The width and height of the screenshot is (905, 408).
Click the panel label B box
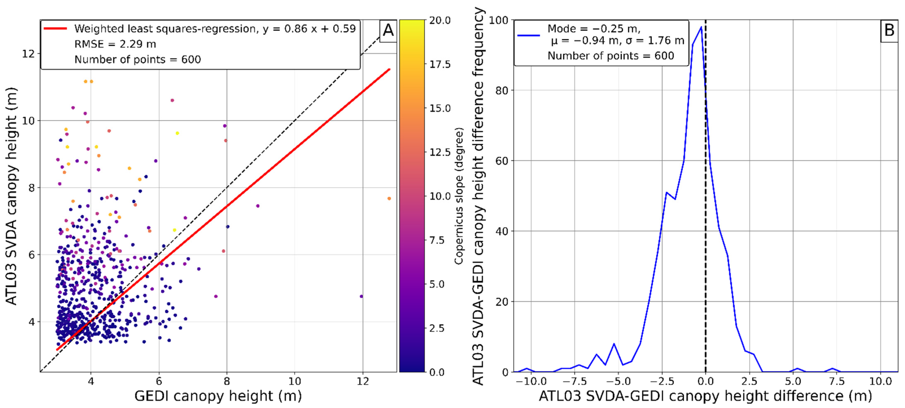889,31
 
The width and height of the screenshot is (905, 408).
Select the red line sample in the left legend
55,29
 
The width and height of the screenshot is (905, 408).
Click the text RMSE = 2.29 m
115,44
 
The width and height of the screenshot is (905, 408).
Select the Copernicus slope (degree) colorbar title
459,196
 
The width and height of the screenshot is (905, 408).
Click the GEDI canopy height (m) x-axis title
218,396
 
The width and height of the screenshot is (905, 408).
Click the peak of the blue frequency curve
701,27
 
